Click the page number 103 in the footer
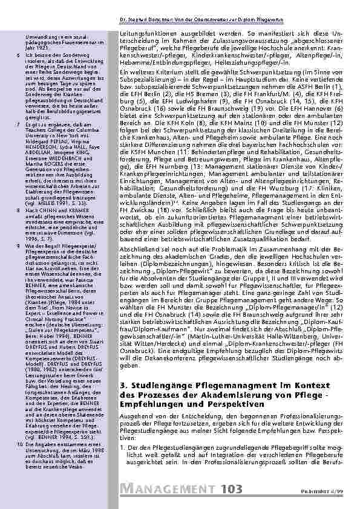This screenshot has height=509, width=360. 232,488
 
